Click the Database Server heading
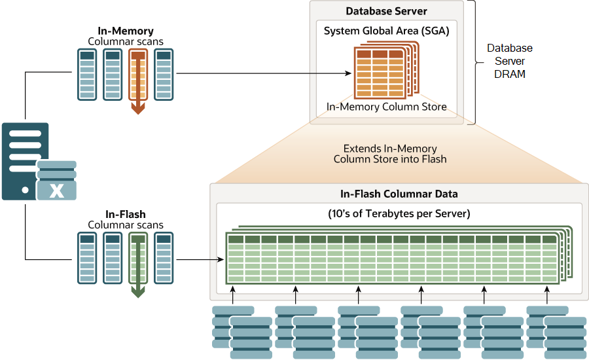pyautogui.click(x=386, y=11)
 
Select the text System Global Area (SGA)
pyautogui.click(x=386, y=30)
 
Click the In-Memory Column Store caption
pyautogui.click(x=386, y=107)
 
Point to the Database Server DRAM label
pyautogui.click(x=510, y=61)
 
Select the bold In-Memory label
pyautogui.click(x=125, y=31)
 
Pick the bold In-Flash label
pyautogui.click(x=125, y=214)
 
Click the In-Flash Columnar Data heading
pyautogui.click(x=399, y=194)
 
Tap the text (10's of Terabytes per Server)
pyautogui.click(x=399, y=213)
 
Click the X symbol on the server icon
pyautogui.click(x=57, y=192)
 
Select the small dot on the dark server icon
pyautogui.click(x=25, y=190)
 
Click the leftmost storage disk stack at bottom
pyautogui.click(x=241, y=331)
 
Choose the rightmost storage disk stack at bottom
pyautogui.click(x=556, y=331)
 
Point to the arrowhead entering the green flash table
pyautogui.click(x=220, y=260)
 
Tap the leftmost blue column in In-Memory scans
pyautogui.click(x=87, y=75)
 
